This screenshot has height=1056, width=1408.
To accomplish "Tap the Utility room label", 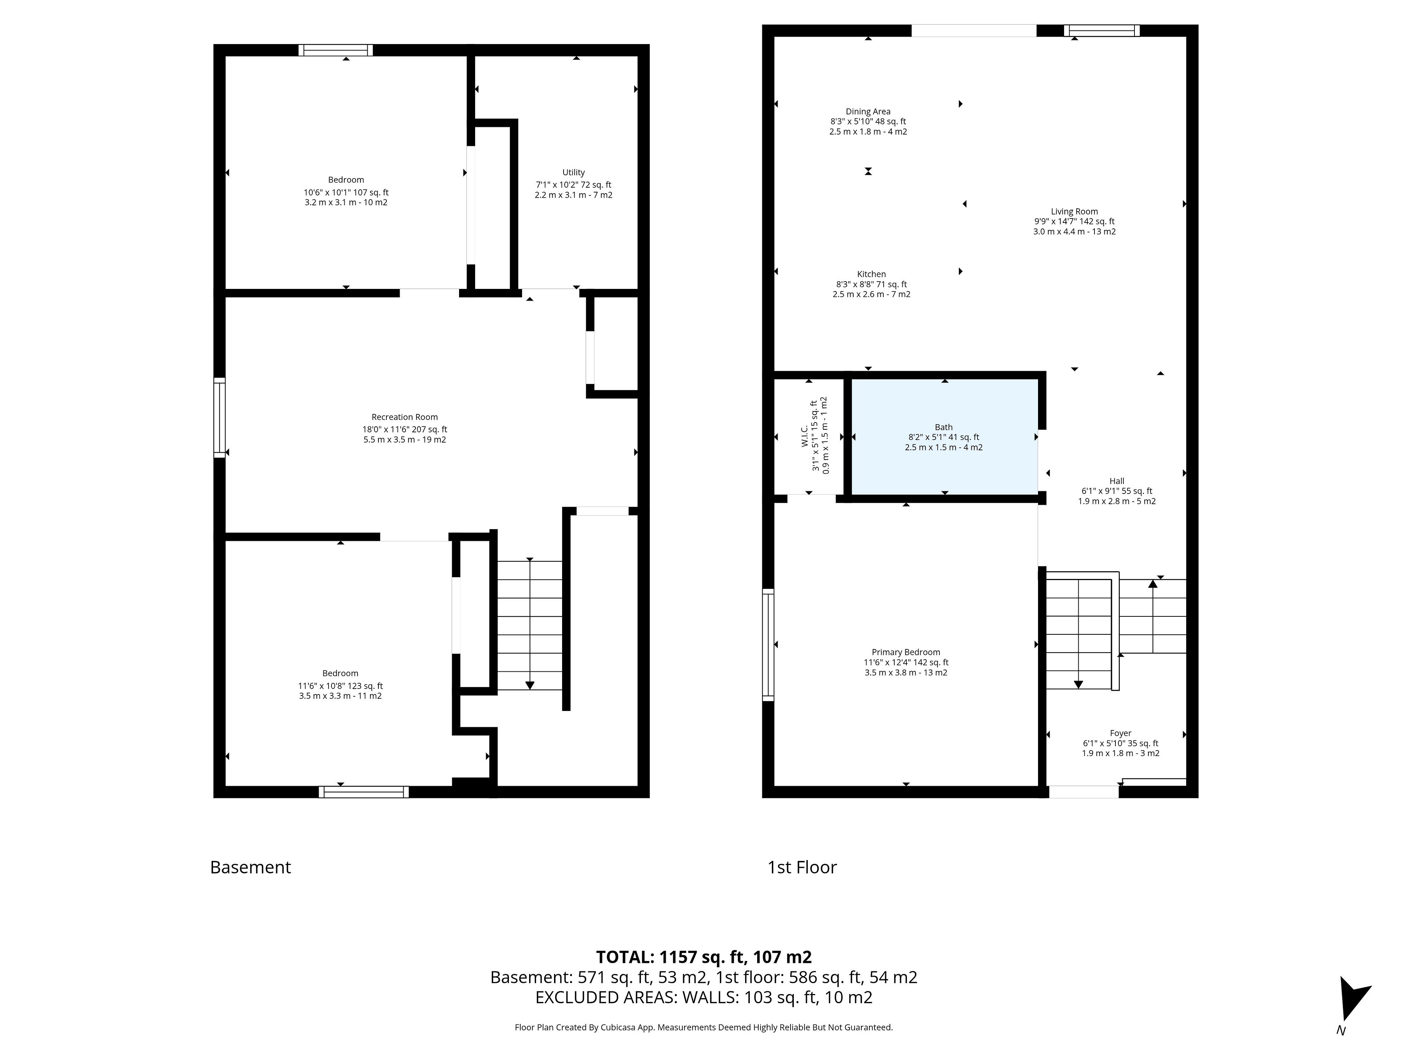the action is click(573, 172).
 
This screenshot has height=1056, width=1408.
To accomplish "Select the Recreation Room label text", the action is click(405, 417).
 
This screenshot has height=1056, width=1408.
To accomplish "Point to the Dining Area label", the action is click(868, 111).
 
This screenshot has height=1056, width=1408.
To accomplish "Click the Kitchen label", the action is click(872, 274).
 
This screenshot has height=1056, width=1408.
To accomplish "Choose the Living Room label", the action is click(1074, 211).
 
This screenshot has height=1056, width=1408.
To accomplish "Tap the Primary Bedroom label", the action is click(906, 652).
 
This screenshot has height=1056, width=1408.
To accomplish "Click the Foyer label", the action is click(1121, 733).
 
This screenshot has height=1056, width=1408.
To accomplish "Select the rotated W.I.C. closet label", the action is click(804, 436).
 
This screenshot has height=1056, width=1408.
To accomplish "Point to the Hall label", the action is click(1117, 481).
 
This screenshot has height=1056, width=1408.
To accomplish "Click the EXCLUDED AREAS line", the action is click(704, 997).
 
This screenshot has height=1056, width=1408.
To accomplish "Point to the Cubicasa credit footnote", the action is click(704, 1027).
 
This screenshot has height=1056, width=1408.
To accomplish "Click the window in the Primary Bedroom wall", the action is click(768, 645).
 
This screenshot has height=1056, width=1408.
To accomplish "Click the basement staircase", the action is click(529, 625).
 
